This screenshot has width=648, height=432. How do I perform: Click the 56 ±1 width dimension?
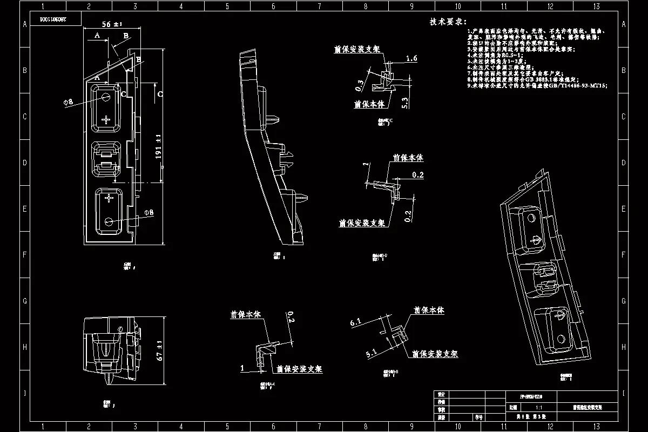click(x=112, y=24)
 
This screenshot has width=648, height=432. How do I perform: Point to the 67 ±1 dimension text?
click(x=159, y=352)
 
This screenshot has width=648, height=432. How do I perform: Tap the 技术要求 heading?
click(x=448, y=22)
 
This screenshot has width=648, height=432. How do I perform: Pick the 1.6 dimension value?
click(x=411, y=58)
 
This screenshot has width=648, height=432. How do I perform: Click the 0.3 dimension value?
click(x=360, y=84)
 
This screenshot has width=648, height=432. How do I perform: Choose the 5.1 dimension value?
click(x=371, y=354)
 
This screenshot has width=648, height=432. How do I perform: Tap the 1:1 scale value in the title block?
click(x=538, y=408)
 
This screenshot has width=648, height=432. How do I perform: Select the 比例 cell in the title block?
click(x=513, y=408)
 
